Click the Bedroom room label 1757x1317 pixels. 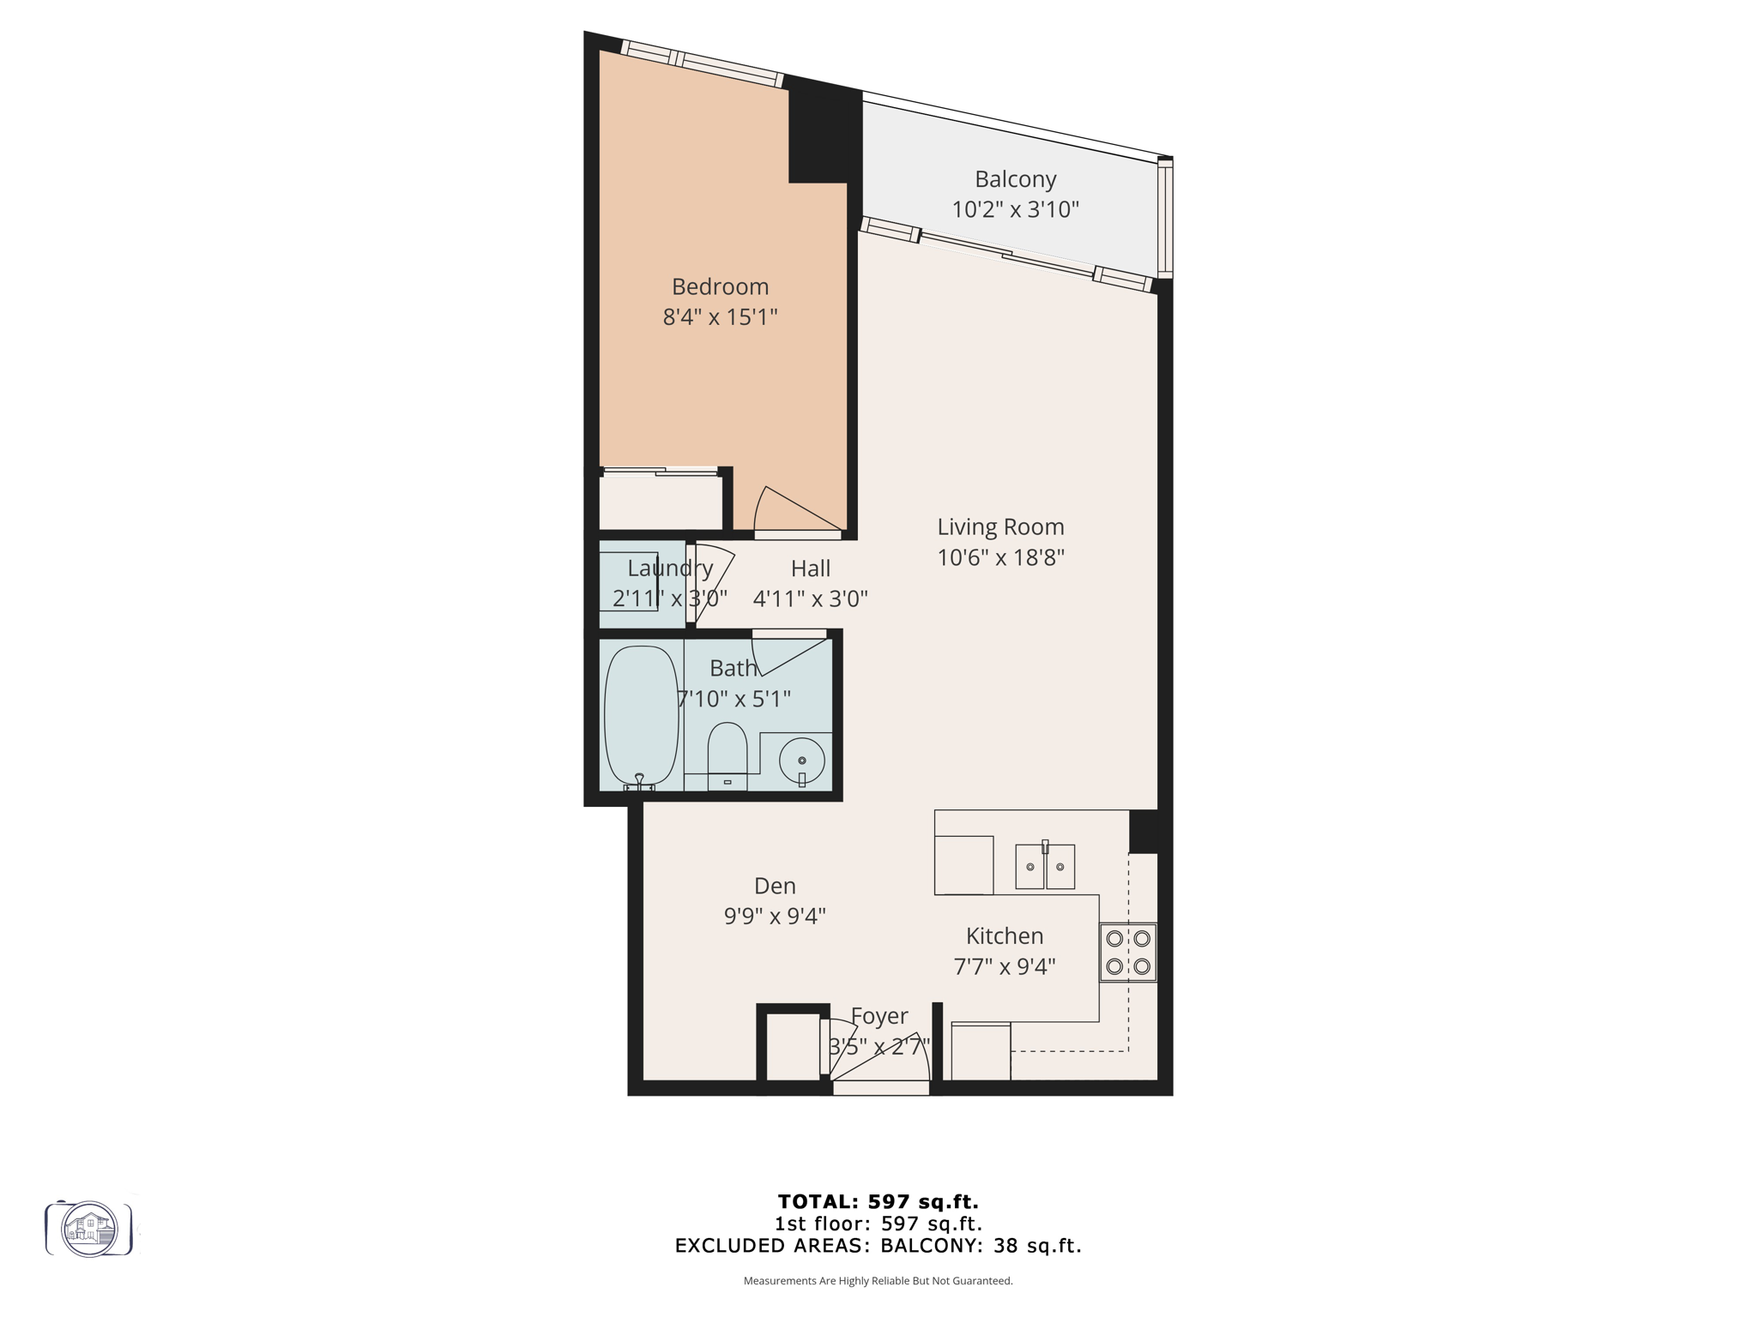point(720,286)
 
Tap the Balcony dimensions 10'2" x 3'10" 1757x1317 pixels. point(1015,210)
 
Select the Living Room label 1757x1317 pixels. point(1000,526)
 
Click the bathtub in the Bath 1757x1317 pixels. point(641,717)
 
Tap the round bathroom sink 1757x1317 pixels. point(802,761)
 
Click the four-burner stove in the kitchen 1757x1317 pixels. point(1128,952)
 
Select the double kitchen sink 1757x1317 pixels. point(1045,866)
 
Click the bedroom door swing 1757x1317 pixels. point(794,511)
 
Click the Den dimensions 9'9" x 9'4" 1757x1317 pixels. point(775,917)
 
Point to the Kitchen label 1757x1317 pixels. point(1005,935)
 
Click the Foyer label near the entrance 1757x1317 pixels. point(879,1016)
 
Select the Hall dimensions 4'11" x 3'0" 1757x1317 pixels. point(810,598)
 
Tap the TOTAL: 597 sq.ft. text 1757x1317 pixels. point(878,1201)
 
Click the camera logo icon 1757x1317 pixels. point(89,1229)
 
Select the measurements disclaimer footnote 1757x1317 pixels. point(878,1281)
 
